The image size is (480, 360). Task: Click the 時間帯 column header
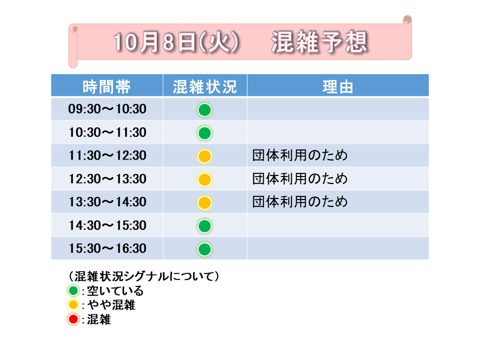pyautogui.click(x=106, y=87)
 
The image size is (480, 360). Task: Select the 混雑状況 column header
pyautogui.click(x=205, y=87)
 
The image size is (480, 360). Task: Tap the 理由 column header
pyautogui.click(x=338, y=87)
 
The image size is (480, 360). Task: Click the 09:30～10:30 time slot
pyautogui.click(x=107, y=109)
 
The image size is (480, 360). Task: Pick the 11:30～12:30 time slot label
pyautogui.click(x=107, y=155)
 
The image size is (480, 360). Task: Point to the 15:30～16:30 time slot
pyautogui.click(x=107, y=248)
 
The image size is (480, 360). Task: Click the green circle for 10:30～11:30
pyautogui.click(x=204, y=133)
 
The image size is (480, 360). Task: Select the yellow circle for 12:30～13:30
pyautogui.click(x=204, y=179)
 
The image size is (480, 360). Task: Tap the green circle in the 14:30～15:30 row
pyautogui.click(x=204, y=226)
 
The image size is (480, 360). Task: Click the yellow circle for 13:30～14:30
pyautogui.click(x=204, y=203)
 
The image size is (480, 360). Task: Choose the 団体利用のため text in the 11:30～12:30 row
pyautogui.click(x=300, y=155)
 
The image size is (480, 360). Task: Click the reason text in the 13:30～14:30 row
pyautogui.click(x=300, y=201)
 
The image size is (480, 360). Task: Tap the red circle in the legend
pyautogui.click(x=73, y=319)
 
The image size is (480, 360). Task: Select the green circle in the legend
pyautogui.click(x=73, y=290)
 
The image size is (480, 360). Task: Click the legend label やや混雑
pyautogui.click(x=111, y=305)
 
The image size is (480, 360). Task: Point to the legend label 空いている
pyautogui.click(x=115, y=291)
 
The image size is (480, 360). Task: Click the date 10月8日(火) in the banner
pyautogui.click(x=176, y=42)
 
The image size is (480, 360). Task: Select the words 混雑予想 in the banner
pyautogui.click(x=319, y=42)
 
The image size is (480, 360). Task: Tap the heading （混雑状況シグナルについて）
pyautogui.click(x=143, y=276)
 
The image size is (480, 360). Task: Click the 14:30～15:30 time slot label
pyautogui.click(x=107, y=225)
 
